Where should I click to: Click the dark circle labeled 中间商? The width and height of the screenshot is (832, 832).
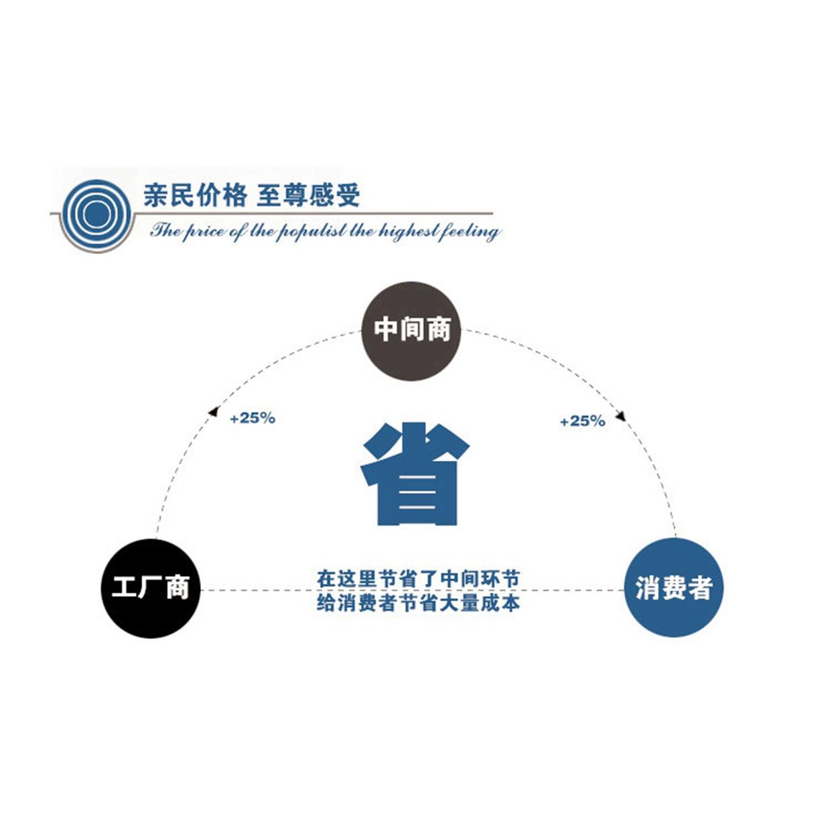(411, 331)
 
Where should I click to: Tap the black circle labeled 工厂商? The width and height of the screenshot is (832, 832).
(151, 588)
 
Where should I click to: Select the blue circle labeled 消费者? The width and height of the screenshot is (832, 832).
(673, 587)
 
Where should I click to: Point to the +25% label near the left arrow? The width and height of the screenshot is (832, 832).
(253, 418)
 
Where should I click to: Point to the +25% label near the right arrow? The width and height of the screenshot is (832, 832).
(582, 421)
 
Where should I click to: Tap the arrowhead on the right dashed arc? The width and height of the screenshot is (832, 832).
(620, 415)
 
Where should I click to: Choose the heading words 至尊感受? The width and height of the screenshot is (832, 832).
(308, 196)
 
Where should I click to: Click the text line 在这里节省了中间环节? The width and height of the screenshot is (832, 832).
(418, 578)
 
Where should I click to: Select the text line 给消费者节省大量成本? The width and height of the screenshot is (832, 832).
(418, 602)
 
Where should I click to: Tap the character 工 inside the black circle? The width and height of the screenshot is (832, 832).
(125, 588)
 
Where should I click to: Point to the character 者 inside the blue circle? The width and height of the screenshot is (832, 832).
(699, 588)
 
